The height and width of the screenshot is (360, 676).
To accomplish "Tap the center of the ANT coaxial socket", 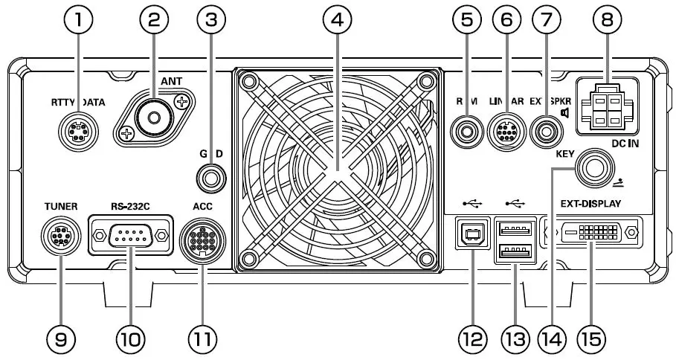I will tap(155, 117).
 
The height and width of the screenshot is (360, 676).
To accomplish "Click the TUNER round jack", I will tap(59, 237).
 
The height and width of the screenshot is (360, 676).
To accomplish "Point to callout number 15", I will tap(593, 340).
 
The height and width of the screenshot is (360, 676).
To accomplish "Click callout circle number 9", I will tap(60, 340).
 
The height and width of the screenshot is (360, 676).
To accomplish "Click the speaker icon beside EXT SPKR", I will tap(566, 113).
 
